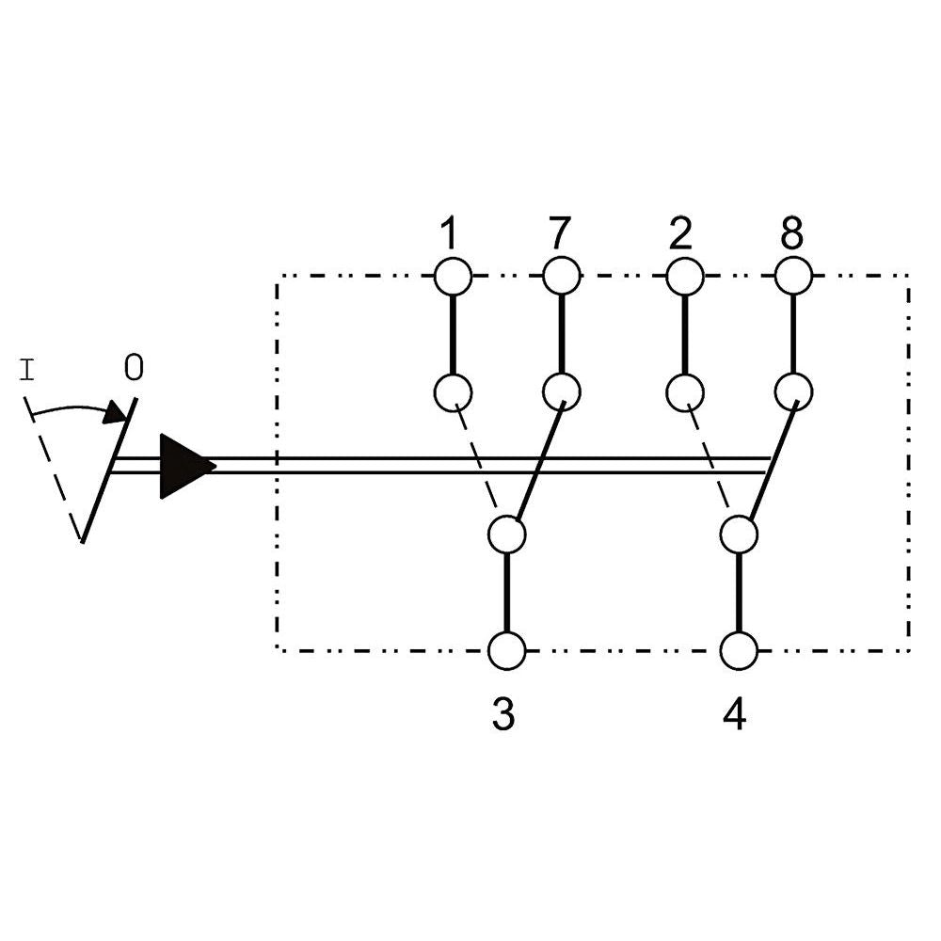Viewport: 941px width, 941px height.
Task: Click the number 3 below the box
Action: [504, 716]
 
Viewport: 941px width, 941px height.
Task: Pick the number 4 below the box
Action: [735, 716]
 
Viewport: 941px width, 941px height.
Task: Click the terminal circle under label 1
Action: [453, 277]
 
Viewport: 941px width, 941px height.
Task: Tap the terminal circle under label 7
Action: [562, 277]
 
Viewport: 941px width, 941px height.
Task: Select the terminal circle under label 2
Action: [684, 277]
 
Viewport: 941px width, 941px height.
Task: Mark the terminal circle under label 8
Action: [793, 277]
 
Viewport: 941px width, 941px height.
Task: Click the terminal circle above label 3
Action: [507, 650]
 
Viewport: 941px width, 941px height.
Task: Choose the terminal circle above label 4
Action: [739, 650]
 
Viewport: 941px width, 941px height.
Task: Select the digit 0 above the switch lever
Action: [134, 368]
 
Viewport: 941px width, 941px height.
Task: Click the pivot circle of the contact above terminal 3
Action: [507, 534]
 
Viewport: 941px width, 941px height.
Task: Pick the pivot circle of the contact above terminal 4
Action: [739, 534]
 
